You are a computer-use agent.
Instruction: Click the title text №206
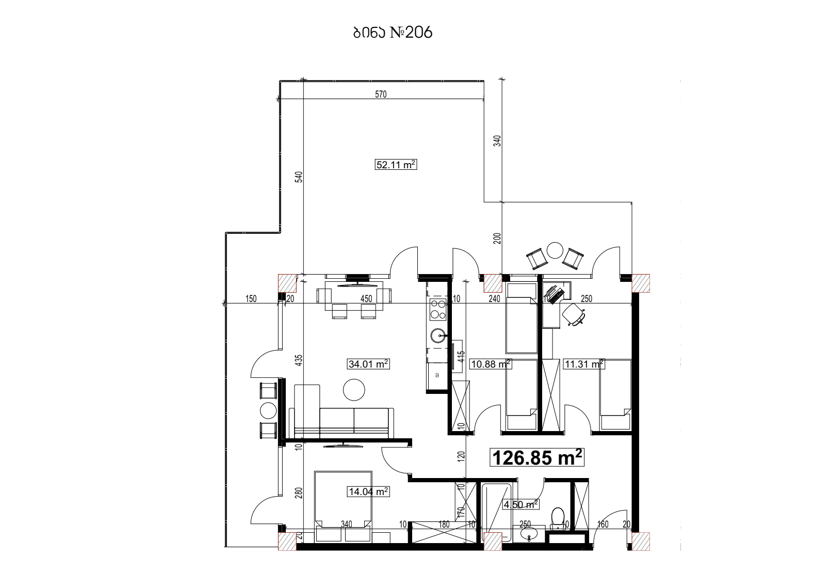(392, 33)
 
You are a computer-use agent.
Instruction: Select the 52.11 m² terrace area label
(395, 165)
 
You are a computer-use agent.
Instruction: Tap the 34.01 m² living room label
(368, 364)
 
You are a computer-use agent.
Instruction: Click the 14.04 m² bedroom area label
(368, 492)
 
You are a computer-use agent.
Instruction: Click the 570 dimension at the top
(380, 94)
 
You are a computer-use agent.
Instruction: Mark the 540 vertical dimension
(298, 177)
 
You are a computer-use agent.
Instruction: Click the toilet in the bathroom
(558, 518)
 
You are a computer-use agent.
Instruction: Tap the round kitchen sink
(438, 336)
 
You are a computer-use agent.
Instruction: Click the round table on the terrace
(555, 250)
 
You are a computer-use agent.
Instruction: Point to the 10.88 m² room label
(491, 364)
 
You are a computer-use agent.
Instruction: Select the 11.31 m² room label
(583, 364)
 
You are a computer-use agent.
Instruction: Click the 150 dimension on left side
(251, 298)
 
